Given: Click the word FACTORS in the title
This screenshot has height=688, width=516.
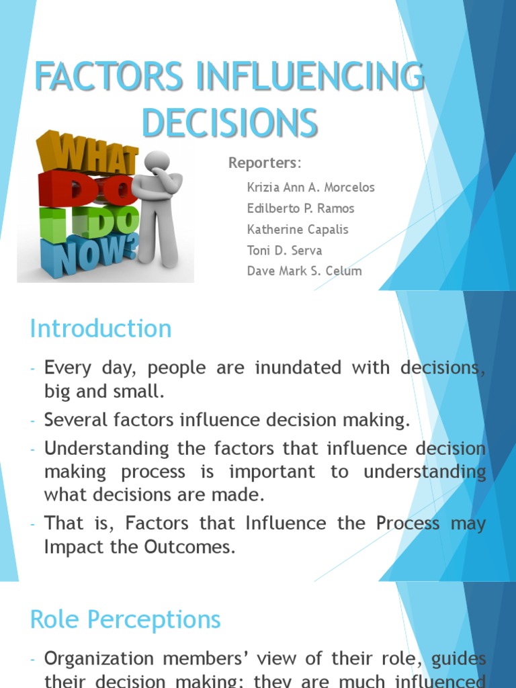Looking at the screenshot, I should (107, 77).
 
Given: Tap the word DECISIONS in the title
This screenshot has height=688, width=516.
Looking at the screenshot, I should (230, 123).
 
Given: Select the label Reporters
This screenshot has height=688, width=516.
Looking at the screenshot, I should (264, 163).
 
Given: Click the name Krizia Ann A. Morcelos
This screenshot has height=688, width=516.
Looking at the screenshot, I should (310, 187).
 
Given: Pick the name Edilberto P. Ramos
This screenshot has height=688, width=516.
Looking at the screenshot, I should (300, 208).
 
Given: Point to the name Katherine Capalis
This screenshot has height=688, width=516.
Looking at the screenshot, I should (298, 229).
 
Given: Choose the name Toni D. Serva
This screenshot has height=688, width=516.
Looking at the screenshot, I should (284, 250).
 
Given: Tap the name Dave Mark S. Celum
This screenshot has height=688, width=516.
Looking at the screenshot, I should (304, 271).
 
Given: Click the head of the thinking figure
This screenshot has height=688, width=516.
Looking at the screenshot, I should (157, 161).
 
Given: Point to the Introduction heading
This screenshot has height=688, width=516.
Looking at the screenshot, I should (101, 329).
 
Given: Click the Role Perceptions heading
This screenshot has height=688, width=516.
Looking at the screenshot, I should (125, 619).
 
